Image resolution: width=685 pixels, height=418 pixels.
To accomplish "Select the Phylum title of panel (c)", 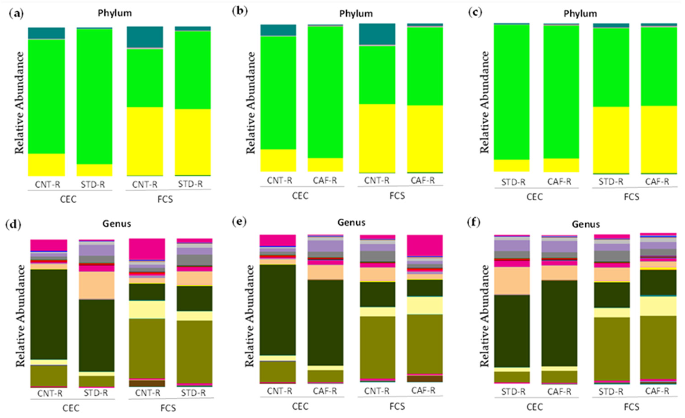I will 580,14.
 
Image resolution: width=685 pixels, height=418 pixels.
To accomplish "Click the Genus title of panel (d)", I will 117,224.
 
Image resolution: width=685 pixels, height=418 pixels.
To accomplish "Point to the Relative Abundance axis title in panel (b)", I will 251,103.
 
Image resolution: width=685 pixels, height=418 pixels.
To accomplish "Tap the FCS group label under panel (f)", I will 632,407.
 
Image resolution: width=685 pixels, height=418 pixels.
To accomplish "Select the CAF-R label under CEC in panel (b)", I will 325,181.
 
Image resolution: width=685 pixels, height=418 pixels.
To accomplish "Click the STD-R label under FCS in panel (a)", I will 191,184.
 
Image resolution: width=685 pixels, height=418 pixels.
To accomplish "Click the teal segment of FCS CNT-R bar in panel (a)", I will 145,37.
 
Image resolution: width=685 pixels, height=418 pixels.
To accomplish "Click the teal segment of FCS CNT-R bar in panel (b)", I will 377,34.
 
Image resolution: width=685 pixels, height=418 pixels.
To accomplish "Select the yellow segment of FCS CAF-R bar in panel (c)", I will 659,139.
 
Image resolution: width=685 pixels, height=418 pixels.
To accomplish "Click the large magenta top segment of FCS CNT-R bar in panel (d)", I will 147,249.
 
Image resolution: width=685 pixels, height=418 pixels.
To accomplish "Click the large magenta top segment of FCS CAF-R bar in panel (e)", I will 425,245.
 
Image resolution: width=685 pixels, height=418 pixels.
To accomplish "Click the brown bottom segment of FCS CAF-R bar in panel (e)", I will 425,379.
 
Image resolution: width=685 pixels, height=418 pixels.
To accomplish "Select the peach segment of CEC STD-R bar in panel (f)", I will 512,281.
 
